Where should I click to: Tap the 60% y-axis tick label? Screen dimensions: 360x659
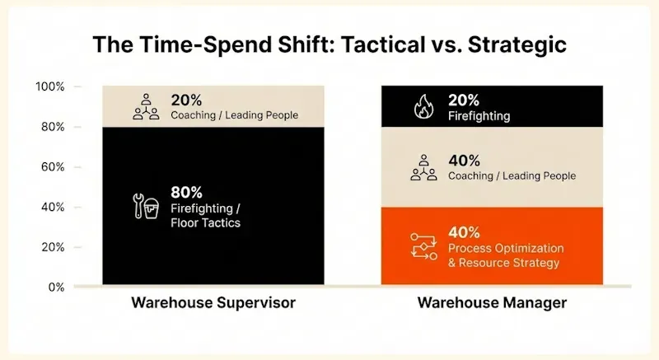click(53, 167)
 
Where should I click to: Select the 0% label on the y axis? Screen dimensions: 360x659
click(56, 288)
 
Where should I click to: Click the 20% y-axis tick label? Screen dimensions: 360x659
click(53, 247)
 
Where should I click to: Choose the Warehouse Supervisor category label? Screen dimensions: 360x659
click(213, 303)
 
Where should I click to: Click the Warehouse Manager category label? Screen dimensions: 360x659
click(492, 303)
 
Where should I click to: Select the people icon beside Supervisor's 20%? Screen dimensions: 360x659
click(145, 107)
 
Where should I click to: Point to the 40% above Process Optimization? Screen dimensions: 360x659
click(463, 232)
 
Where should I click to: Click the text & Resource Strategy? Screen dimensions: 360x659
click(503, 263)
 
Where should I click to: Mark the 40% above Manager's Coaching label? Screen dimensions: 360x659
click(463, 160)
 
